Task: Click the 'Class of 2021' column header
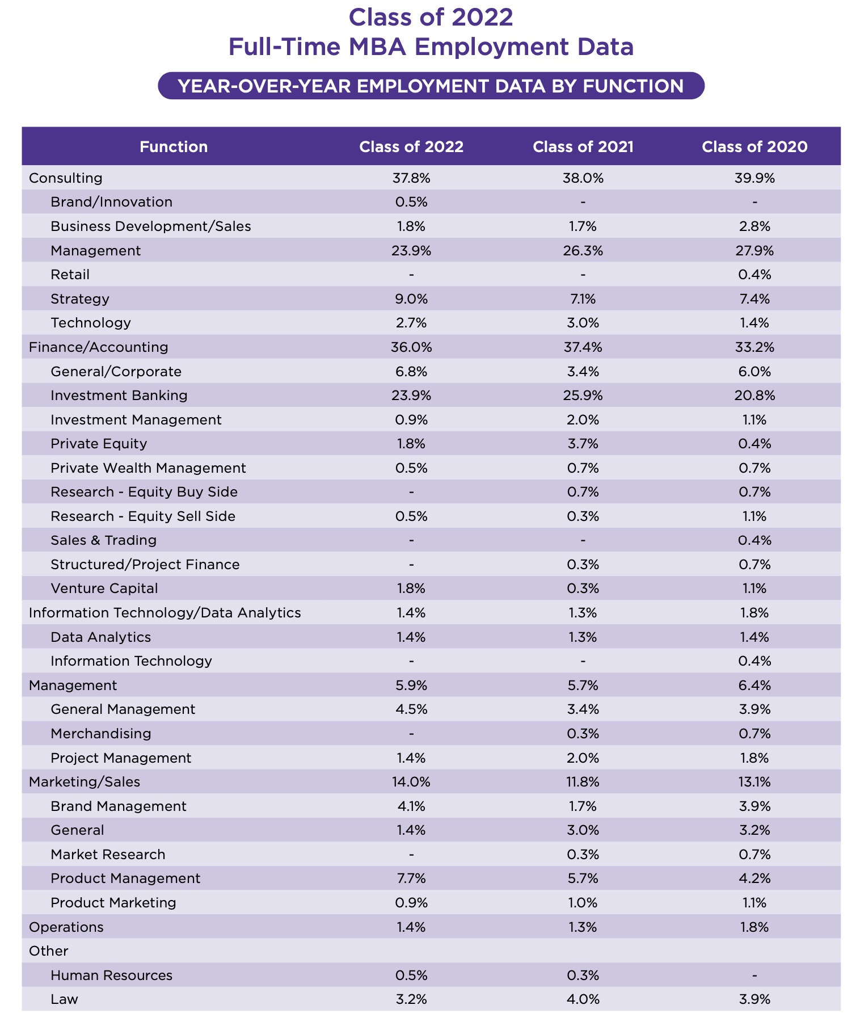coord(583,147)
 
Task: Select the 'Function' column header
coord(174,147)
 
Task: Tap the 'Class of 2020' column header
coord(754,147)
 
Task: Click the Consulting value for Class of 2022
coord(411,178)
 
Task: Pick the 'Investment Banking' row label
coord(119,396)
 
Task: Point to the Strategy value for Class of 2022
coord(411,299)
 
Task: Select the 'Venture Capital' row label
coord(104,588)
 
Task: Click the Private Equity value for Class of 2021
coord(583,444)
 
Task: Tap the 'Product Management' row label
coord(125,878)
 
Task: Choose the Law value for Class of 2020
coord(754,999)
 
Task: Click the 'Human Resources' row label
coord(111,975)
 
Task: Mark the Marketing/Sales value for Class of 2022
coord(411,782)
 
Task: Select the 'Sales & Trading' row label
coord(103,540)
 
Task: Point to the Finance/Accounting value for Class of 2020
coord(754,347)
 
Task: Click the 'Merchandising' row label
coord(101,734)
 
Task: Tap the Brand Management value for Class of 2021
coord(583,806)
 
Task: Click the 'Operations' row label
coord(66,927)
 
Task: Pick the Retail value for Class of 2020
coord(754,275)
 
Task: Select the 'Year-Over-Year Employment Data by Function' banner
coord(431,86)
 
